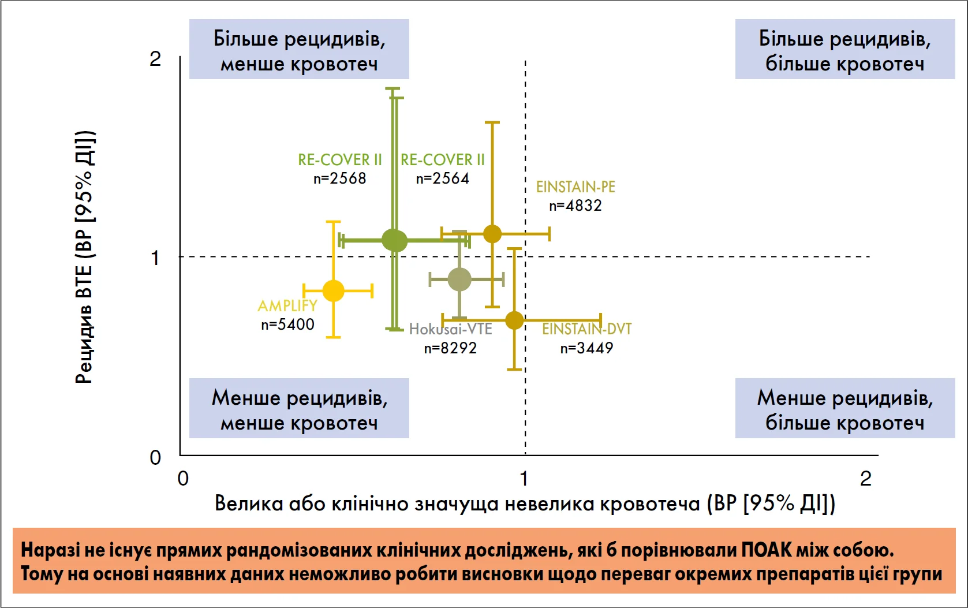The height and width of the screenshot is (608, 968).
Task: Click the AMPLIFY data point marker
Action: pyautogui.click(x=333, y=290)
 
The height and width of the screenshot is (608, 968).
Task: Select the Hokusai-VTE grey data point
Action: pyautogui.click(x=459, y=279)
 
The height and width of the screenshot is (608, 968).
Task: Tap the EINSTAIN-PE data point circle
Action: pyautogui.click(x=492, y=234)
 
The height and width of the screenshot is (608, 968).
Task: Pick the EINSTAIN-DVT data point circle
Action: pyautogui.click(x=514, y=320)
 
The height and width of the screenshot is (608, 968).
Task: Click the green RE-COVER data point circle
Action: pyautogui.click(x=395, y=240)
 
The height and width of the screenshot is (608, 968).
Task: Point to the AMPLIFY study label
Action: pyautogui.click(x=287, y=306)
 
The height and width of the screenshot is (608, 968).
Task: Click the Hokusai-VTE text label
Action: pyautogui.click(x=451, y=329)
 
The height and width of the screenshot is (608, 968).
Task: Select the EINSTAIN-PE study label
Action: pyautogui.click(x=575, y=186)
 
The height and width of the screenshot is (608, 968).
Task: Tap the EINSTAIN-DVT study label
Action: pyautogui.click(x=587, y=329)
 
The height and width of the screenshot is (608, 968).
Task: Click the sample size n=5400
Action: pyautogui.click(x=288, y=324)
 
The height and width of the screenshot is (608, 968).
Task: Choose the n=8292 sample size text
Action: pyautogui.click(x=450, y=348)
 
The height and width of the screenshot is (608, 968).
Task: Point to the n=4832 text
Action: pyautogui.click(x=575, y=206)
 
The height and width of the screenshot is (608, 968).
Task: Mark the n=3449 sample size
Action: pyautogui.click(x=587, y=348)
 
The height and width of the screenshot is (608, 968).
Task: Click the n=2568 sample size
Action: pyautogui.click(x=339, y=178)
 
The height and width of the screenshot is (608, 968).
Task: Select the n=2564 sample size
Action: pyautogui.click(x=443, y=178)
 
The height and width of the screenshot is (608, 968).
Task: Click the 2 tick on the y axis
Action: pyautogui.click(x=155, y=59)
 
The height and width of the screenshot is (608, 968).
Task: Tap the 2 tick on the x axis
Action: pyautogui.click(x=866, y=479)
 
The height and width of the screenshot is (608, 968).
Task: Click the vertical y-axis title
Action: pyautogui.click(x=85, y=257)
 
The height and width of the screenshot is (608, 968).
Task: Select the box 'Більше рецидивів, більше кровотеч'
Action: pyautogui.click(x=845, y=49)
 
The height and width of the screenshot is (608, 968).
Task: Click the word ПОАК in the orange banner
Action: pyautogui.click(x=767, y=550)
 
